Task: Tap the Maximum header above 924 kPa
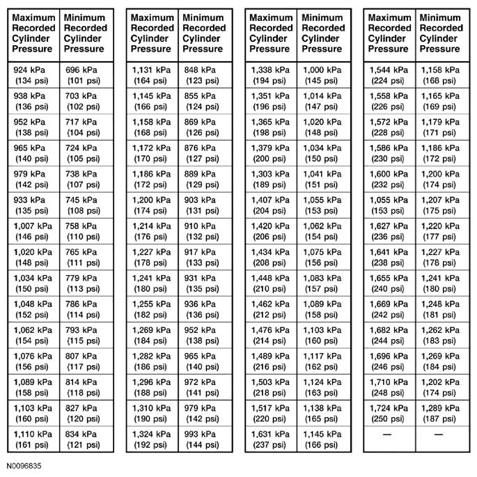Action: [33, 33]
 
